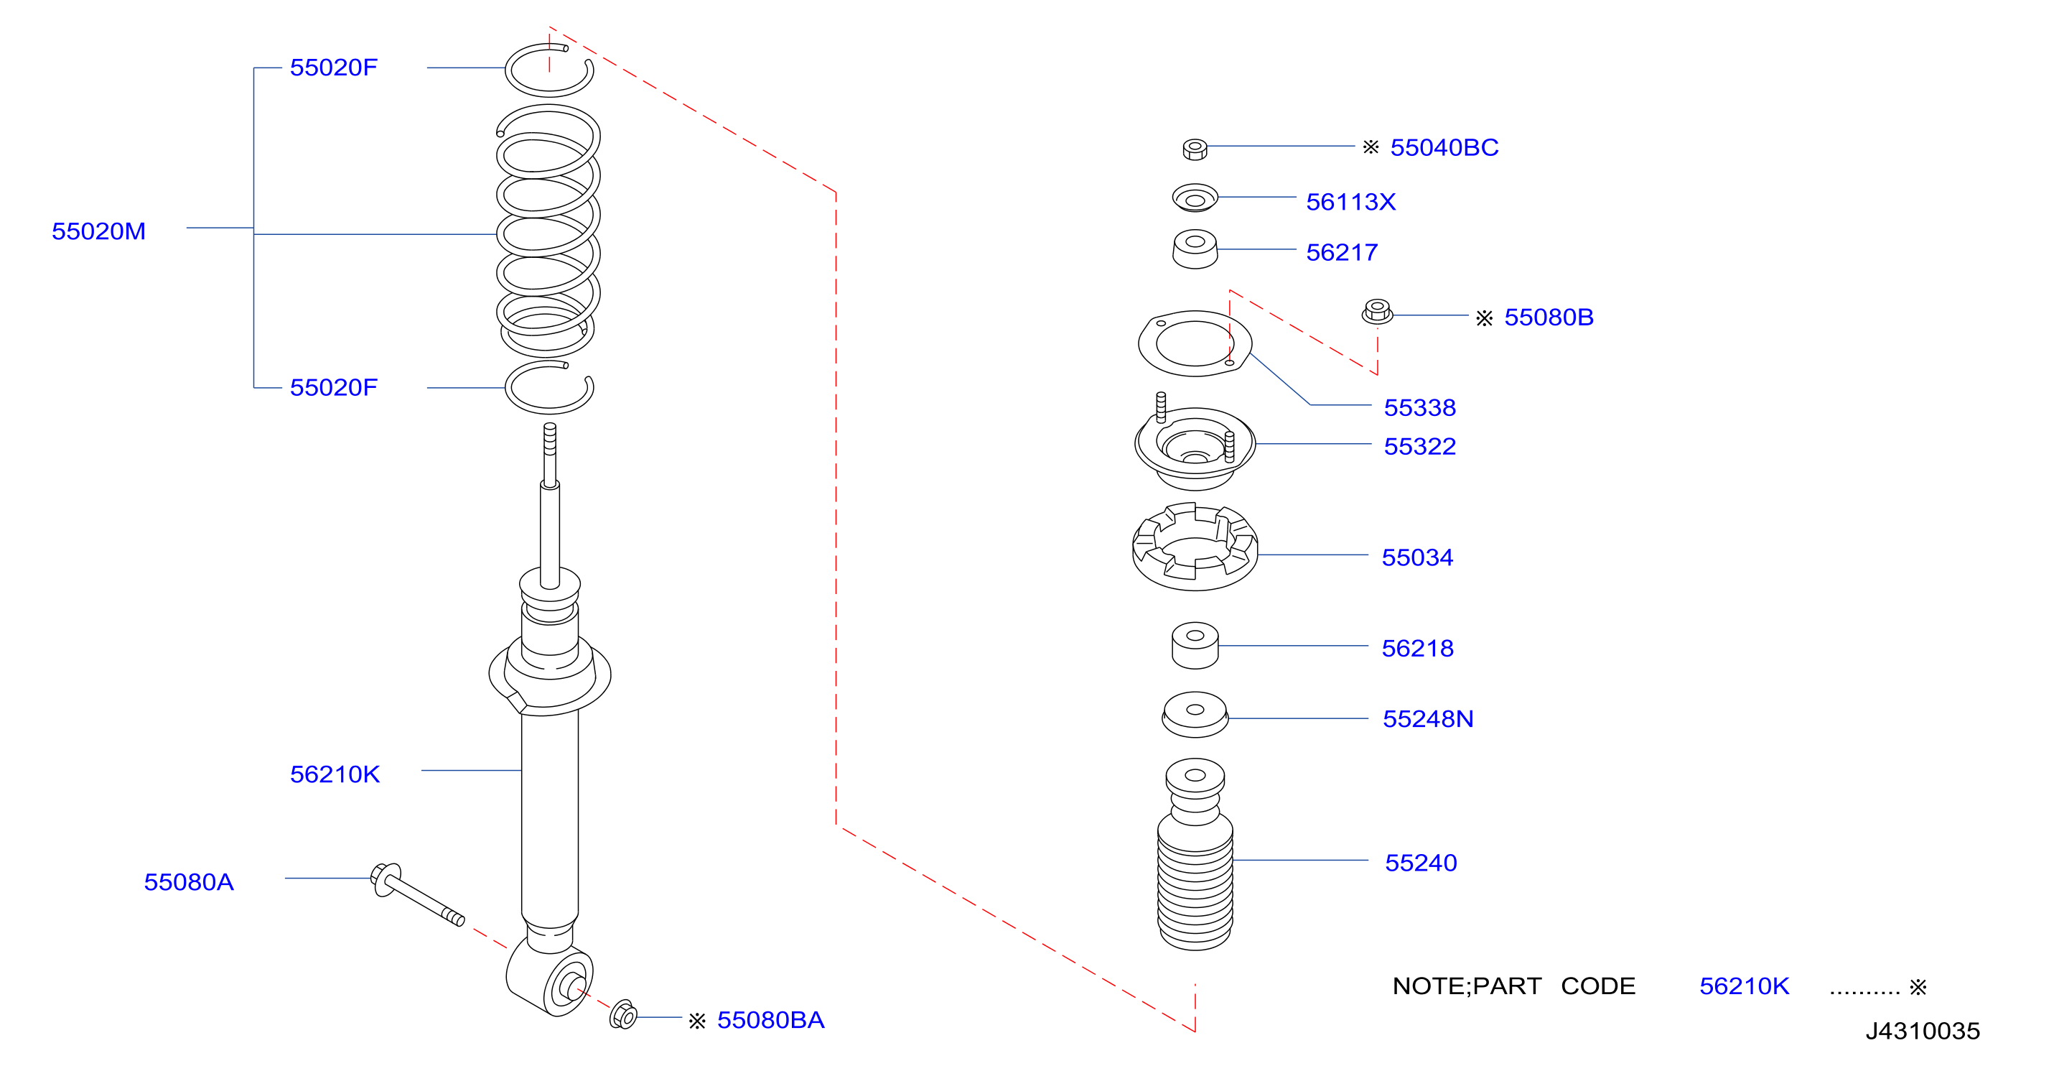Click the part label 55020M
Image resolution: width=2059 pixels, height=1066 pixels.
(98, 231)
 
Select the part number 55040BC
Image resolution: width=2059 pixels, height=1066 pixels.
(1444, 147)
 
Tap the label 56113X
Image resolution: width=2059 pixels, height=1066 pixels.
(1351, 202)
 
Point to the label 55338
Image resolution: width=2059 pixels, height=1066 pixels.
(1419, 407)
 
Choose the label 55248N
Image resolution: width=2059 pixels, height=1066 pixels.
(1427, 718)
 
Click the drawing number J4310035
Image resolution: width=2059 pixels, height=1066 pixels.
(1923, 1030)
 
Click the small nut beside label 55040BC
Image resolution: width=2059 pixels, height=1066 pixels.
(1194, 149)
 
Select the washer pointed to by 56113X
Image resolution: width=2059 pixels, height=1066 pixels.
(1195, 198)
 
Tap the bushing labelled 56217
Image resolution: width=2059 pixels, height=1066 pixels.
(1195, 249)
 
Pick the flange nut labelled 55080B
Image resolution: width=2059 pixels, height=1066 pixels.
(1376, 311)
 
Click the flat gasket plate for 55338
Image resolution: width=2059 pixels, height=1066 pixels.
(1195, 343)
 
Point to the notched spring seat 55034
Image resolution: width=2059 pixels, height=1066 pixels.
(1195, 546)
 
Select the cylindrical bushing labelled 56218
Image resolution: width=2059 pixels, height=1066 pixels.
(1195, 645)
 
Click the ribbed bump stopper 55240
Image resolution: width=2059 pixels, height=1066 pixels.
(1195, 854)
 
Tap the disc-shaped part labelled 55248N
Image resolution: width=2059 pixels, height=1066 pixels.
(1195, 714)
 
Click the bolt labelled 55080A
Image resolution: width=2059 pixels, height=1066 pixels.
(416, 895)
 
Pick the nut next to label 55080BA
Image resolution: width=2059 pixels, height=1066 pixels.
(623, 1015)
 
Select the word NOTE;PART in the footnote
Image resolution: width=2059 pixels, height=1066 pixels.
(1467, 986)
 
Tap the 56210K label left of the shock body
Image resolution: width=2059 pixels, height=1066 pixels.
(334, 774)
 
